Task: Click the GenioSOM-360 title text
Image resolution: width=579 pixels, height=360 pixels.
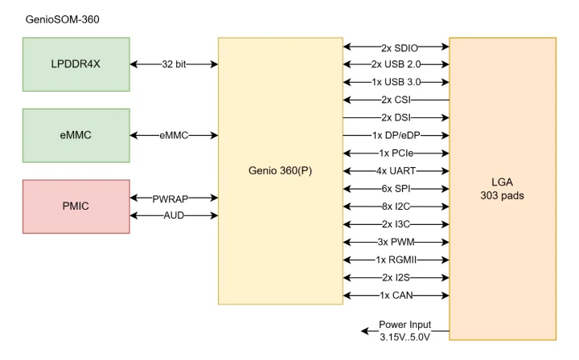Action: tap(63, 18)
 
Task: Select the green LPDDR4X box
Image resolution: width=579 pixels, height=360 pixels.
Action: tap(76, 64)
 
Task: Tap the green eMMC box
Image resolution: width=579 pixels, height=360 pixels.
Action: tap(76, 135)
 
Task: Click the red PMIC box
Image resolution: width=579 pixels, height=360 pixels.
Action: tap(76, 207)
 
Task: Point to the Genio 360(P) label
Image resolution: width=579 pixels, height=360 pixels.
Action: tap(281, 171)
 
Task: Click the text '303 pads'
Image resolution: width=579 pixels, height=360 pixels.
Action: tap(503, 195)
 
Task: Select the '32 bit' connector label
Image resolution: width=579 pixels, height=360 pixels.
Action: tap(175, 64)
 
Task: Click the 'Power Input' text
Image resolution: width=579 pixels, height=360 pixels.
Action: tap(405, 325)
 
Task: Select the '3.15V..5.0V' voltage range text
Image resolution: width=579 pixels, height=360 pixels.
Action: tap(405, 337)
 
